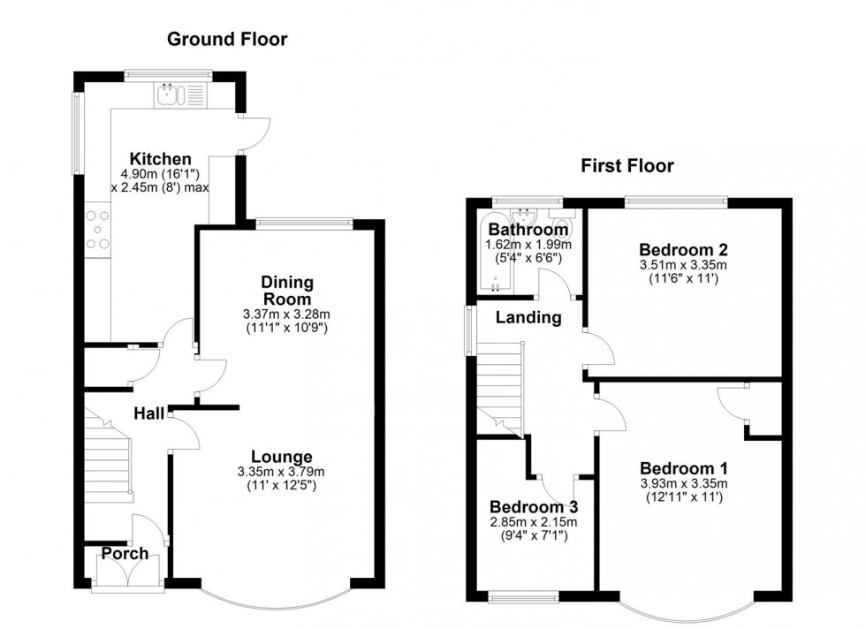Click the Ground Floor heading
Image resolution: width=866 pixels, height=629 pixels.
tap(227, 39)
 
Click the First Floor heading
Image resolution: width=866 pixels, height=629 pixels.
tap(627, 165)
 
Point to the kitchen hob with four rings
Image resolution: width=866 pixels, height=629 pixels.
tap(97, 229)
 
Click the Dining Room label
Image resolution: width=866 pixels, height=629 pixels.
tap(288, 291)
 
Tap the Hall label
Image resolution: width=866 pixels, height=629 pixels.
tap(149, 413)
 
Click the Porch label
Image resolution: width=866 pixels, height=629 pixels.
tap(125, 554)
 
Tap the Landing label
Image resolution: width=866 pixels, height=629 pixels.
tap(528, 317)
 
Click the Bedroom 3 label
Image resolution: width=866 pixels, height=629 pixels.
tap(534, 508)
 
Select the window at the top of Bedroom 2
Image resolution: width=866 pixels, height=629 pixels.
tap(677, 201)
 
